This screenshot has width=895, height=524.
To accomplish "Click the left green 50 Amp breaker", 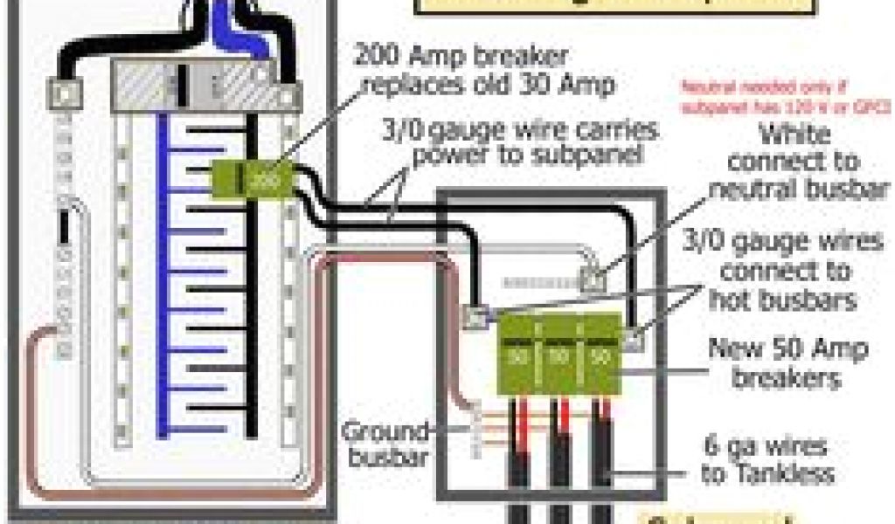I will pos(517,356).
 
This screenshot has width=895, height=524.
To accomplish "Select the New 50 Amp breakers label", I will pos(787,363).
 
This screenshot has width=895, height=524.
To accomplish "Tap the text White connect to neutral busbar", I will pos(795,162).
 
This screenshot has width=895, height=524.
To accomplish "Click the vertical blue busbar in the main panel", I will pos(162,279).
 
